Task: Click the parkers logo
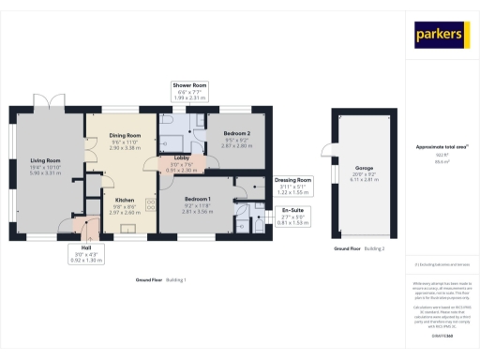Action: tap(440, 35)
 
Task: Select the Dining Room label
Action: tap(125, 136)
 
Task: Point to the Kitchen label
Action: tap(125, 200)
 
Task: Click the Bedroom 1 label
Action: tap(198, 200)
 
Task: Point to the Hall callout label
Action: tap(85, 247)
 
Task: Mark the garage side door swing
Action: tap(327, 149)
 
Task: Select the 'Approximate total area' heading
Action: tap(442, 147)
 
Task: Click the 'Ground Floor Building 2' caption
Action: tap(360, 249)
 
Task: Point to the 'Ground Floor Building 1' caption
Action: tap(161, 279)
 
